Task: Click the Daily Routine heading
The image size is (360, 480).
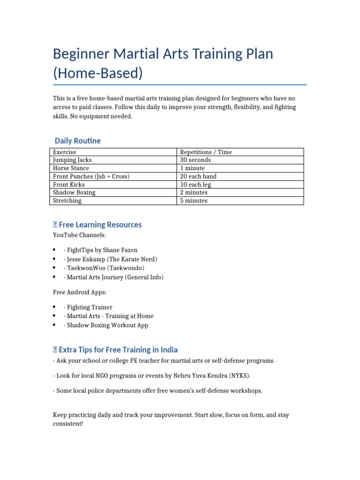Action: click(77, 141)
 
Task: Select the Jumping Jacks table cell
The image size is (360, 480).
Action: click(72, 160)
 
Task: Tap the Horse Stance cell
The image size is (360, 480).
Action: click(71, 168)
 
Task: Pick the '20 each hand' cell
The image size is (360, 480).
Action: click(198, 176)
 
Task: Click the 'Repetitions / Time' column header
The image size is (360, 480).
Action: click(206, 152)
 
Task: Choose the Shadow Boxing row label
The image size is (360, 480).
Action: click(74, 192)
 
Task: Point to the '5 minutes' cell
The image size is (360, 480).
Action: click(194, 201)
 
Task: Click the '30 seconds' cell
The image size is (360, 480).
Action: click(195, 160)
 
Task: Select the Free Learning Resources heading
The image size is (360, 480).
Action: click(100, 225)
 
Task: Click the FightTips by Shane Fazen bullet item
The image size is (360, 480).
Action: click(100, 250)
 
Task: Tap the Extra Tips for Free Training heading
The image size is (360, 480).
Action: click(118, 350)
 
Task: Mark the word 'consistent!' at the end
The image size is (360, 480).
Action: click(68, 423)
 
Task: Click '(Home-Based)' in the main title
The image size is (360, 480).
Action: click(97, 74)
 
